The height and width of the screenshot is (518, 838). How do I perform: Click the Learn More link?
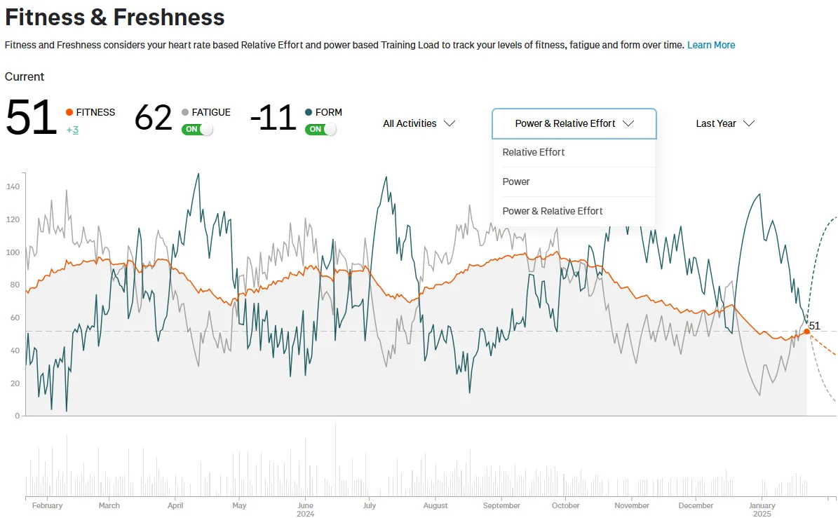coord(711,45)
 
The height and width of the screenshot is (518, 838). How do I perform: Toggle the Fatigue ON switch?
coord(197,129)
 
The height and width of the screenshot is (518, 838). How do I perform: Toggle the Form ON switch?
coord(320,129)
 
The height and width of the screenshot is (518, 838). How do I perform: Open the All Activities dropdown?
coord(419,123)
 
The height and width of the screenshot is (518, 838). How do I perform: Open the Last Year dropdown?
coord(724,123)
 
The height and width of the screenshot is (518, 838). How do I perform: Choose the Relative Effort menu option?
coord(534,152)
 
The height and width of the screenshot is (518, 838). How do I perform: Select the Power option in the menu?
coord(516,182)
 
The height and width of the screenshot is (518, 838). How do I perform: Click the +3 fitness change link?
coord(72,130)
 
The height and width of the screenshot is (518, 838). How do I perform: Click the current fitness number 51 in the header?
coord(31,118)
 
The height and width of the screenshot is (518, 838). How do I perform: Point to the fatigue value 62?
coord(153,118)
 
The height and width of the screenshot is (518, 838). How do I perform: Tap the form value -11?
coord(273,118)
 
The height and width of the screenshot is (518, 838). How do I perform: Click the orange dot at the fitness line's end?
coord(806,332)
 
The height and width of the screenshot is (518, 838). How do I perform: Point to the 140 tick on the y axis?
coord(13,186)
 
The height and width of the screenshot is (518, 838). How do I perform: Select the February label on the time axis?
coord(47,505)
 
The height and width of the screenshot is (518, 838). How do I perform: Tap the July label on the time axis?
coord(369,505)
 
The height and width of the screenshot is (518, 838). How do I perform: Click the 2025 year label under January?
coord(762,514)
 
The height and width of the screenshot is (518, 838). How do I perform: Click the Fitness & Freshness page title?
coord(115,17)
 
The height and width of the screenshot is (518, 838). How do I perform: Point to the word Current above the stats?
coord(25,76)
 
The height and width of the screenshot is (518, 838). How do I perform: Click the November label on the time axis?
coord(632,505)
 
